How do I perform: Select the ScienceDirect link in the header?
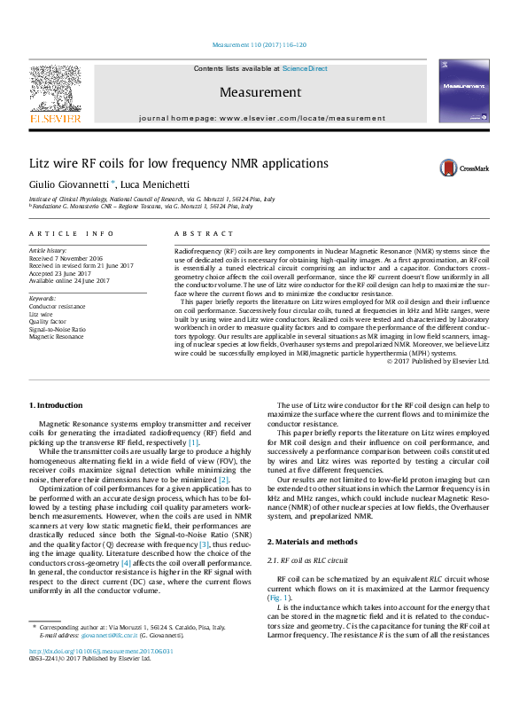point(305,68)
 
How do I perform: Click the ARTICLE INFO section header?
point(72,233)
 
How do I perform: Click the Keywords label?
point(43,299)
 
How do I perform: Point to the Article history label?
point(50,251)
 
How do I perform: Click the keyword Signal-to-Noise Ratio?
point(58,329)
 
